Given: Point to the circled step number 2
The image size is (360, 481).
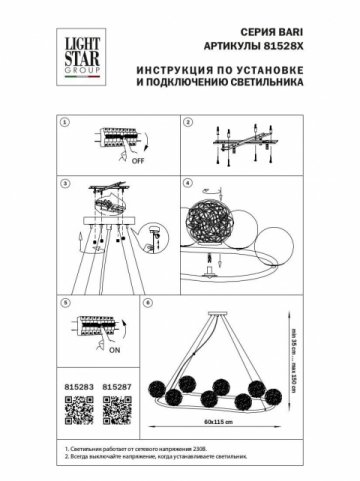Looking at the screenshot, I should (186, 121).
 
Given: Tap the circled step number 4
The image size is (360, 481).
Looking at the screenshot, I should (186, 184).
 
